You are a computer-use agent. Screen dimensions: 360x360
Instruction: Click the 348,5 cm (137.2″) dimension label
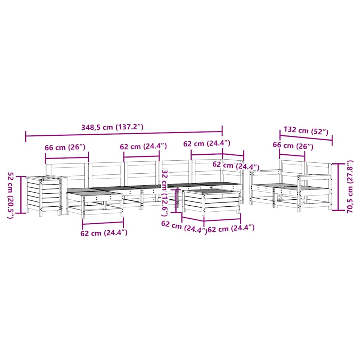tap(112, 127)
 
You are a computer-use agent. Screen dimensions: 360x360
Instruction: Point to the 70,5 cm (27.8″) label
tap(350, 186)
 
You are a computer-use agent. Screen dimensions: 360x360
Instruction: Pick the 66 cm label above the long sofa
tap(65, 147)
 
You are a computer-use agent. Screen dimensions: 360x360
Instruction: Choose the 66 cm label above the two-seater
tap(293, 146)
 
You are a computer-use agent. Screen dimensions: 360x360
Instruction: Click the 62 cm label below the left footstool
tap(104, 233)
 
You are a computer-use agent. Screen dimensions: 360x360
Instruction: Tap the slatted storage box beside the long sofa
tap(43, 195)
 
